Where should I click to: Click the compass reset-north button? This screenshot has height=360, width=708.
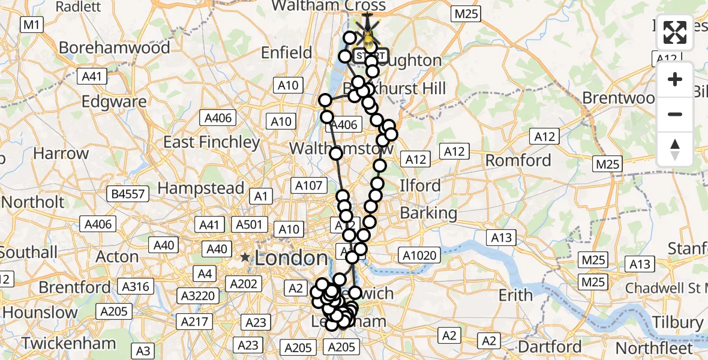[x=675, y=149]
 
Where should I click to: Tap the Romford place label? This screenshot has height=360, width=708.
[x=518, y=160]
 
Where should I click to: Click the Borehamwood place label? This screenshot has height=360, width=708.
[x=114, y=47]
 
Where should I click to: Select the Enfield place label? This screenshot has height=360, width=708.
[x=286, y=53]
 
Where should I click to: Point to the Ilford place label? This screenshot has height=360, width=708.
[x=420, y=185]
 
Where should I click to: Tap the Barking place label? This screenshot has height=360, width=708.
[x=428, y=212]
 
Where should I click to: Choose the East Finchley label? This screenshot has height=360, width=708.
[x=212, y=142]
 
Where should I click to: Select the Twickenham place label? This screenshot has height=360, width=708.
[x=69, y=344]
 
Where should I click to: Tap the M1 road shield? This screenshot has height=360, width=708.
[x=31, y=25]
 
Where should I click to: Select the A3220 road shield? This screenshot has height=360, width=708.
[x=197, y=295]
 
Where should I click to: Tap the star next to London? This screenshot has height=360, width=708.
[x=245, y=258]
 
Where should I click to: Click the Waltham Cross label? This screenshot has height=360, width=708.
[x=329, y=6]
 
